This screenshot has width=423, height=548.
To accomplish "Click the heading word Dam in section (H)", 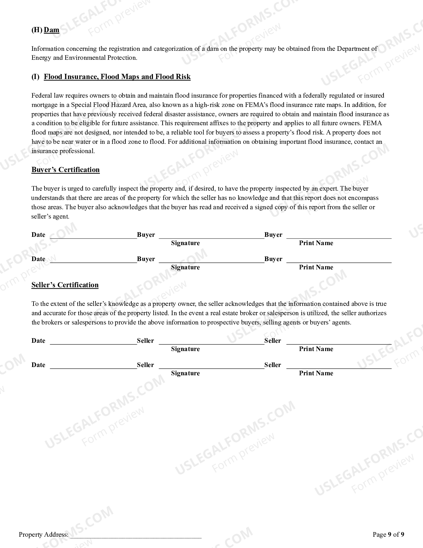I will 51,30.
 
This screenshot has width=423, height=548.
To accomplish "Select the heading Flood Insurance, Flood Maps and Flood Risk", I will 117,77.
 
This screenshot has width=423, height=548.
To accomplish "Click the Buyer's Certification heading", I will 65,170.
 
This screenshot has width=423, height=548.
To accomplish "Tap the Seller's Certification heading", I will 65,285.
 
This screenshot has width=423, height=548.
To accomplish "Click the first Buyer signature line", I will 211,235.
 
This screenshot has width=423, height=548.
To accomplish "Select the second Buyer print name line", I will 338,260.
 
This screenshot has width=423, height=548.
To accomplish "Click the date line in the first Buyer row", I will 93,235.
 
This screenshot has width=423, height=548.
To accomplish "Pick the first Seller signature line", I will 211,341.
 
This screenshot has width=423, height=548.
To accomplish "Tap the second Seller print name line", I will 338,366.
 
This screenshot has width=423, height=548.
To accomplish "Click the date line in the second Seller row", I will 93,366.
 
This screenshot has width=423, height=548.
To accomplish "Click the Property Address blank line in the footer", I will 136,535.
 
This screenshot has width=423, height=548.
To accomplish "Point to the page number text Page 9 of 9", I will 388,534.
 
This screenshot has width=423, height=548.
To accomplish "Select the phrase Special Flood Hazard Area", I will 108,105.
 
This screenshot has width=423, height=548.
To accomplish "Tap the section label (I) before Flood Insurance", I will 35,77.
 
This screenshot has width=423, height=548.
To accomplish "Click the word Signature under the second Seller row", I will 185,373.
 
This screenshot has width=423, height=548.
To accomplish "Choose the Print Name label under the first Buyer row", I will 316,243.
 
